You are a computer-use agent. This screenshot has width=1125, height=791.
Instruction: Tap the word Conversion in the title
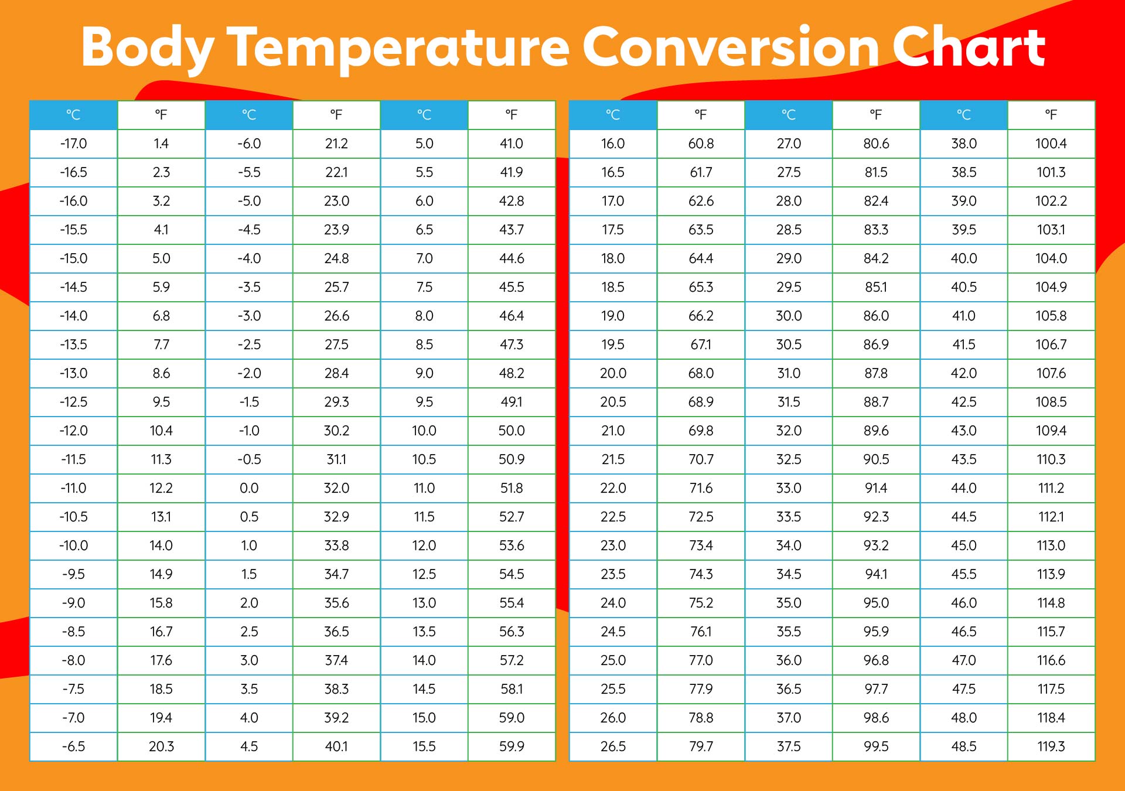[x=730, y=47]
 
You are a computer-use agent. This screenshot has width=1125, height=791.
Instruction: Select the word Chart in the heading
[x=969, y=47]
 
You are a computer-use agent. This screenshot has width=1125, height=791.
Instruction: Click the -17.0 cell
[x=73, y=144]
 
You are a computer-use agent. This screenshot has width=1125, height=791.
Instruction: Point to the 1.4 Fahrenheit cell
[x=161, y=144]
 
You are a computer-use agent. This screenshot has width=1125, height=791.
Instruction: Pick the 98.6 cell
[x=876, y=718]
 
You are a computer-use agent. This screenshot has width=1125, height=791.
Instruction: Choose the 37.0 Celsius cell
[x=789, y=718]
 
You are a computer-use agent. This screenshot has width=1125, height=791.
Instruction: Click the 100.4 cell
[x=1051, y=144]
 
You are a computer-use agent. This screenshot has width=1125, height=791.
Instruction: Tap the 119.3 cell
[x=1051, y=746]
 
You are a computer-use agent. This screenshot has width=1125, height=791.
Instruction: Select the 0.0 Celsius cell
[x=249, y=488]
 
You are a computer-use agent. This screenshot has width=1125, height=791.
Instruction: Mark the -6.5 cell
[x=73, y=746]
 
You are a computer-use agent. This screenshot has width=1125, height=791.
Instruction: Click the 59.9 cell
[x=512, y=746]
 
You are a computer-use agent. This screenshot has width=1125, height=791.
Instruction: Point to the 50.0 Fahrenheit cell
[x=512, y=431]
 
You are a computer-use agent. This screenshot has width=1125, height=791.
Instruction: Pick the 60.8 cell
[x=701, y=144]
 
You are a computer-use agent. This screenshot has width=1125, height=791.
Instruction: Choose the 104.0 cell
[x=1051, y=258]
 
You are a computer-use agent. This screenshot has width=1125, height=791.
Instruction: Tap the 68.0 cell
[x=701, y=373]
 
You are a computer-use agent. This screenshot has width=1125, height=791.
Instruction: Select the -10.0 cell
[x=73, y=545]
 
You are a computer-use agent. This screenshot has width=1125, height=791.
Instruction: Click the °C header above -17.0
[x=73, y=115]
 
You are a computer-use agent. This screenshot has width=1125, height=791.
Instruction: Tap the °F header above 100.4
[x=1051, y=115]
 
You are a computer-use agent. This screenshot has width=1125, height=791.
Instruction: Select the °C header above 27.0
[x=789, y=115]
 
